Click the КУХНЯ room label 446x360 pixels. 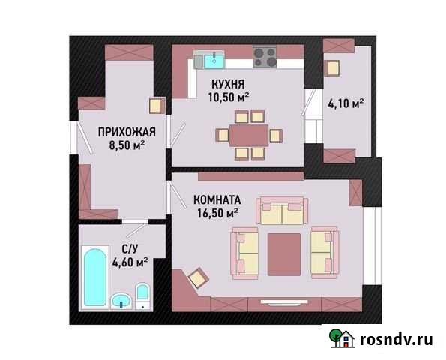click(228, 83)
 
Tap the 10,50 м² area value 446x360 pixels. click(228, 96)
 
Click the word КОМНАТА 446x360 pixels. click(217, 200)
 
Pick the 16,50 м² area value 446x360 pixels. click(217, 213)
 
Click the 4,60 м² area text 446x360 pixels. click(129, 262)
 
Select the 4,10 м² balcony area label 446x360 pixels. click(346, 103)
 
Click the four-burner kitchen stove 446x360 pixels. click(265, 57)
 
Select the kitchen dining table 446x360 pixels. click(249, 135)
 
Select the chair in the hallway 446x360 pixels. click(157, 106)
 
